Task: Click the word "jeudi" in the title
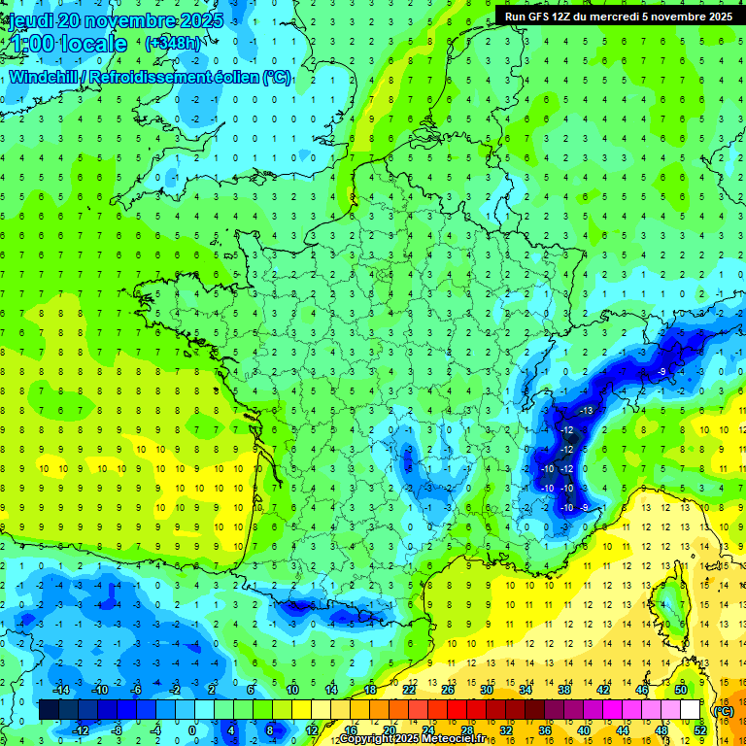pos(30,20)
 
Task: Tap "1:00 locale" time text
pos(69,44)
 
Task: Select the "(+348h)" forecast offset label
pos(174,44)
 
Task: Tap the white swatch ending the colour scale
pos(691,710)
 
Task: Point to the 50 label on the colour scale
pos(681,690)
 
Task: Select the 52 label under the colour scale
pos(699,730)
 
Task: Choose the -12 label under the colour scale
pos(81,730)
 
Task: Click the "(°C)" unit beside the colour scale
pos(724,710)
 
